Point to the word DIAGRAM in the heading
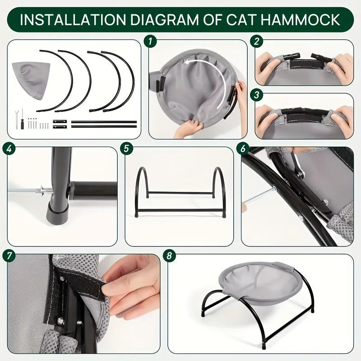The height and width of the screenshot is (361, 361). click(x=159, y=20)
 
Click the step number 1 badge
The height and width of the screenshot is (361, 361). click(x=149, y=42)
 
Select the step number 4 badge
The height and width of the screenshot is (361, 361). click(x=8, y=148)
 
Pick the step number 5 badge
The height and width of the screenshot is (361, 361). click(x=126, y=148)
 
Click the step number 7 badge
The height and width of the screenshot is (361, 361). click(x=8, y=255)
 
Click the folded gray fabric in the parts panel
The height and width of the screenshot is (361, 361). click(x=31, y=79)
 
